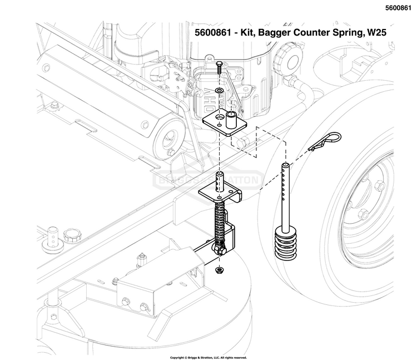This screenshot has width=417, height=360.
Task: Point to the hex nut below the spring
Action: tap(219, 270)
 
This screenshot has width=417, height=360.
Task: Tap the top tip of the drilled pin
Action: tap(285, 166)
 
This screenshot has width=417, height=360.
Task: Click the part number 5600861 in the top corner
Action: tap(399, 8)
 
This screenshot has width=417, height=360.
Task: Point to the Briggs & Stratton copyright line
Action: tap(209, 357)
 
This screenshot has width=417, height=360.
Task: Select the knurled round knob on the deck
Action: tap(71, 234)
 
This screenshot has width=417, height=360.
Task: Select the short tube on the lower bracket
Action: tap(221, 180)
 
